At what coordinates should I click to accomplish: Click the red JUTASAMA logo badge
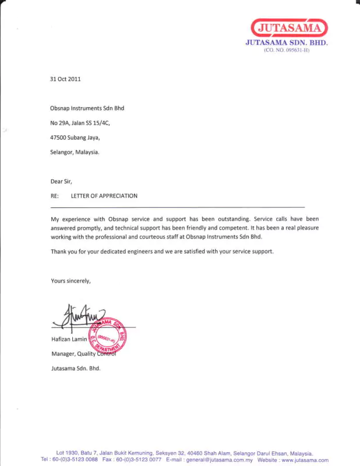click(x=290, y=28)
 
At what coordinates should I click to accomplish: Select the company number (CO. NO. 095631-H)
click(x=287, y=51)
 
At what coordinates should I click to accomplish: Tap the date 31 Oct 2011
click(x=65, y=79)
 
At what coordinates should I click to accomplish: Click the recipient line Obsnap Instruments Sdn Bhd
click(x=87, y=108)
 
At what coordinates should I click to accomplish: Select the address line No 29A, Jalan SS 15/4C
click(x=80, y=123)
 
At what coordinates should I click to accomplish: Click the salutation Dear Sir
click(x=61, y=181)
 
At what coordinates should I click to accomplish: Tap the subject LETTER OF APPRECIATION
click(x=104, y=196)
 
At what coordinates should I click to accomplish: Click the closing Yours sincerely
click(x=71, y=281)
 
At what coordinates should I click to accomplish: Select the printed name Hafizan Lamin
click(x=69, y=339)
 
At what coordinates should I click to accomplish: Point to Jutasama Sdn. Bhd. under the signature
click(x=76, y=369)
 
